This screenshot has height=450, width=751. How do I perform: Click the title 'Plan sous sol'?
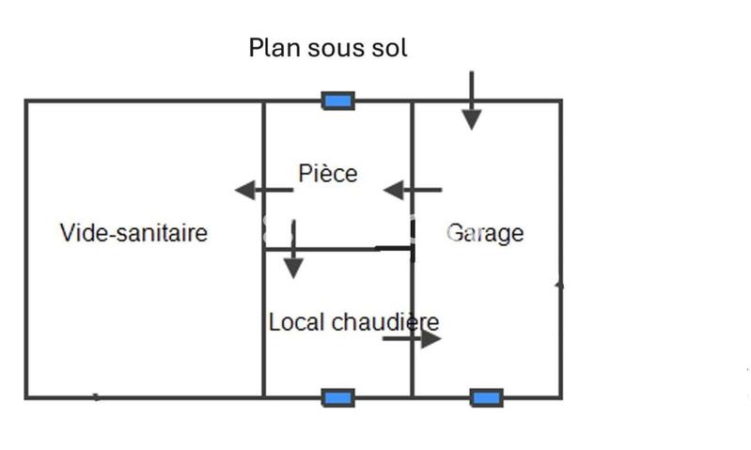328,48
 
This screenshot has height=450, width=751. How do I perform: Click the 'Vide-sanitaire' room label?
133,232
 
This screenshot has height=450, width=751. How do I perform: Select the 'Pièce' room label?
328,174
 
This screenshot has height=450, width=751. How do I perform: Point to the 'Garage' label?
485,232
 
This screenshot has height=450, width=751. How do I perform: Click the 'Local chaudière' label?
353,322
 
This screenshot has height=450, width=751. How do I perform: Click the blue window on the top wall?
337,101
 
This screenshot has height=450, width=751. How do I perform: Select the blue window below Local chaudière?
337,397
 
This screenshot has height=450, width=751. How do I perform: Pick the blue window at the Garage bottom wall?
486,397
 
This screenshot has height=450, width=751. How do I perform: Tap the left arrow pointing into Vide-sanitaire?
263,191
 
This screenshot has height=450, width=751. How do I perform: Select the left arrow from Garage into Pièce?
412,191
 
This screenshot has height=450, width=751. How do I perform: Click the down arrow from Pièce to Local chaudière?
293,250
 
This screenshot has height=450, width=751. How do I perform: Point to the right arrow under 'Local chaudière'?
412,338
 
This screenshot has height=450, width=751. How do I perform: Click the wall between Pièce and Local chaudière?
338,249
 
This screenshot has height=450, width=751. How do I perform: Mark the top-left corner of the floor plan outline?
26,101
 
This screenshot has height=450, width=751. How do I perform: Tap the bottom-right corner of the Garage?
561,397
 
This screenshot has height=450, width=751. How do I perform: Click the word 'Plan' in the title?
269,48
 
